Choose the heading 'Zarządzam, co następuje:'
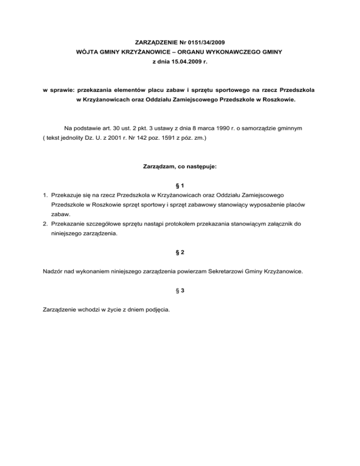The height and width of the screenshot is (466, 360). (180, 166)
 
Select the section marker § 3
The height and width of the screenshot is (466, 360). (180, 290)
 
